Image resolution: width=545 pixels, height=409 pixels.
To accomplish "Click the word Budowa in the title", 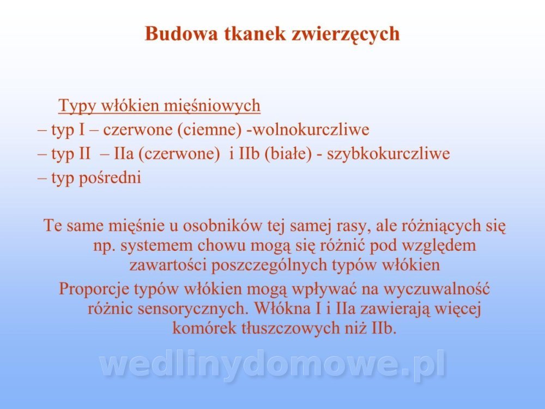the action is [x=181, y=34].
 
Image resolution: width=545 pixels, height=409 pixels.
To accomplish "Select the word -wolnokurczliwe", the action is [x=307, y=130].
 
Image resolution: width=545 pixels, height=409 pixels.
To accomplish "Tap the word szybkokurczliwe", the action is [x=388, y=154].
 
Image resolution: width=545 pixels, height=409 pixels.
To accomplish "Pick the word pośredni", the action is [x=110, y=178].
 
